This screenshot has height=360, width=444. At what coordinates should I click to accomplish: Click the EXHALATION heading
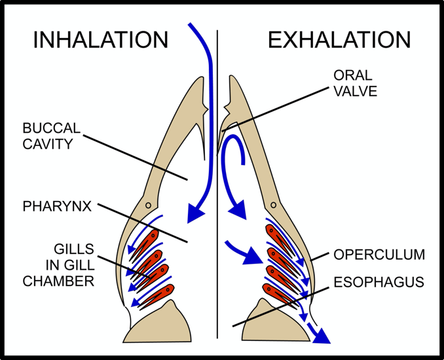click(339, 41)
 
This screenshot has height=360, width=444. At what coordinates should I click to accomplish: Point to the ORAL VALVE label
click(355, 83)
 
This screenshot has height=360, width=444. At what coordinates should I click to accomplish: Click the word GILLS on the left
click(73, 249)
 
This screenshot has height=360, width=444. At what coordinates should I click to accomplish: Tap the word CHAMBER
click(58, 281)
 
